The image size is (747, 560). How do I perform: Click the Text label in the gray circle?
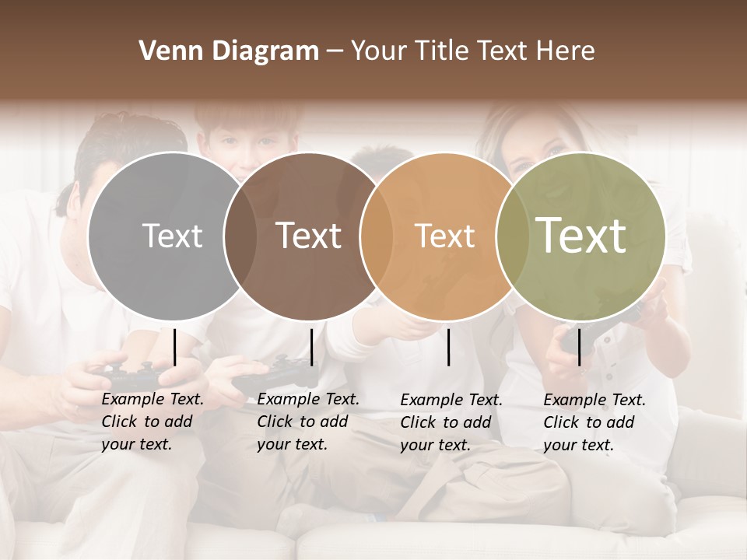172,236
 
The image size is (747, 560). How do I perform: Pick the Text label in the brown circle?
308,236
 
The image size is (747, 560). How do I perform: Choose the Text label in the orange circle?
444,236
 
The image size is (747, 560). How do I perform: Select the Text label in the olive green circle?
581,236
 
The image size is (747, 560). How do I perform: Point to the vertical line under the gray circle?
175,347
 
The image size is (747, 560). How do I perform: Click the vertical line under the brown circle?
311,347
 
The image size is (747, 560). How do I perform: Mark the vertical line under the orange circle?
449,347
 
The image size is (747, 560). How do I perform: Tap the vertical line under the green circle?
579,347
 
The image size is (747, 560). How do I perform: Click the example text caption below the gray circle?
153,422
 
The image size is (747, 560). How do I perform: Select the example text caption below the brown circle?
308,422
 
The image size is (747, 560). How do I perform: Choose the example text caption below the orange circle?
451,422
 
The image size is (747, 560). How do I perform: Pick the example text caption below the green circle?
594,422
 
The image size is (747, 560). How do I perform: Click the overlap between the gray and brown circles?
240,236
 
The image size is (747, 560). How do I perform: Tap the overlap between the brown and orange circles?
377,236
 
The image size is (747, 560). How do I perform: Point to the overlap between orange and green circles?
513,236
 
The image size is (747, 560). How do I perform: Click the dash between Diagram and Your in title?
335,51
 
